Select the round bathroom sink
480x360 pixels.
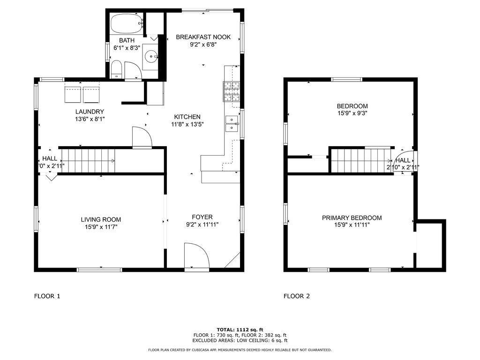coord(151,57)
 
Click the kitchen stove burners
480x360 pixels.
coord(231,91)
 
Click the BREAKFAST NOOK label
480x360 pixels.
coord(203,37)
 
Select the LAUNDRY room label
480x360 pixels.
coord(90,112)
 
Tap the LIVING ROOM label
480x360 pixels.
coord(101,219)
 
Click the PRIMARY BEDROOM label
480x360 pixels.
coord(352,218)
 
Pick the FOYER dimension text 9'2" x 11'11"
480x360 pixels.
coord(202,225)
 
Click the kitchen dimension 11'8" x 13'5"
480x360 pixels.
coord(187,124)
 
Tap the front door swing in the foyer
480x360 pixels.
coord(196,256)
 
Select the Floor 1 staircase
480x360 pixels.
coord(89,161)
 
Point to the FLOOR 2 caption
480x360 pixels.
coord(297,296)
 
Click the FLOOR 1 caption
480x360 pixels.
coord(47,296)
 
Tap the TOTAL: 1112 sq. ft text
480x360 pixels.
coord(240,330)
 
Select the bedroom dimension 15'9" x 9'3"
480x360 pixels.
coord(352,113)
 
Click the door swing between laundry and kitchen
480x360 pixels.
coord(142,137)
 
